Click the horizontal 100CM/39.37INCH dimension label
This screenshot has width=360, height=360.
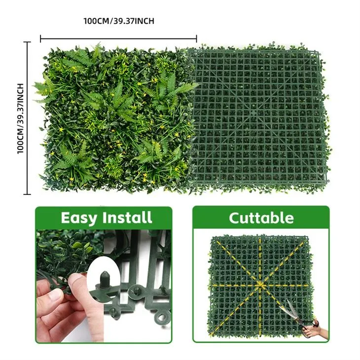[x=119, y=21]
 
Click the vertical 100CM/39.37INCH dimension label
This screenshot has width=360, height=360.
[x=20, y=118]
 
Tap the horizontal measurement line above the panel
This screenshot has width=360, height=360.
[x=118, y=39]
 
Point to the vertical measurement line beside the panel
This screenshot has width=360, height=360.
[x=27, y=118]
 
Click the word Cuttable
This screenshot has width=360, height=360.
[x=261, y=218]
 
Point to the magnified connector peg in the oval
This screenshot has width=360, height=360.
[x=105, y=279]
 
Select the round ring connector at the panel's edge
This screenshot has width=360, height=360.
[x=161, y=318]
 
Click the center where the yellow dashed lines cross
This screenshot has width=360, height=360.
[x=260, y=285]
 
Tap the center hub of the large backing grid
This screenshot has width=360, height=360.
[x=253, y=113]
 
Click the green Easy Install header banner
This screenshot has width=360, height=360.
[x=104, y=217]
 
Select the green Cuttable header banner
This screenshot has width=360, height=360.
[x=261, y=217]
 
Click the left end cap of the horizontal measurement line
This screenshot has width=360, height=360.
[x=40, y=39]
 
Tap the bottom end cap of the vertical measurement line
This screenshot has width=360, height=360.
[x=27, y=194]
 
